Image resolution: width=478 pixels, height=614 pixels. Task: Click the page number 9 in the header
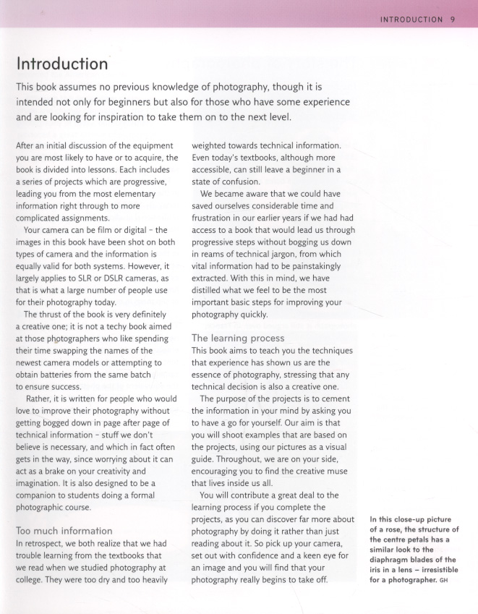point(451,20)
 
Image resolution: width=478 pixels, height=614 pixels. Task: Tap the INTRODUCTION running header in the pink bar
point(411,20)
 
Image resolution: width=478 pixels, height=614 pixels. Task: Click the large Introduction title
point(61,64)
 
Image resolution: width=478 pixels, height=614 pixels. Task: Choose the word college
point(32,579)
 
